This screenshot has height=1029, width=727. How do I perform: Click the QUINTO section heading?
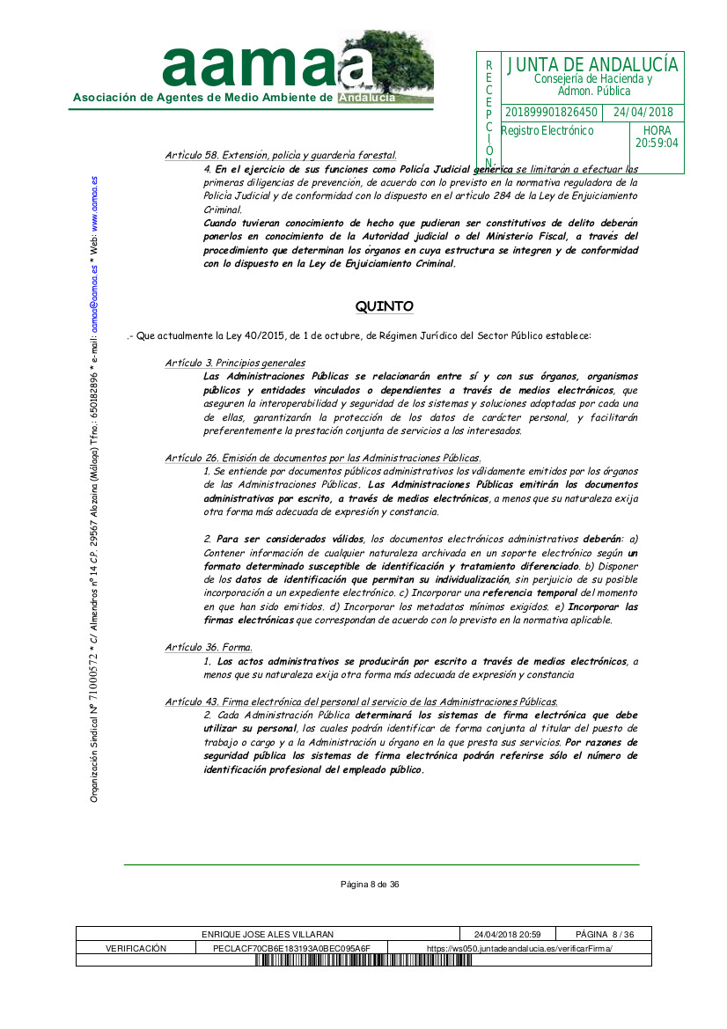click(x=384, y=306)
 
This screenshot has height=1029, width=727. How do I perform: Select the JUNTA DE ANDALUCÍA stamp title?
click(x=592, y=65)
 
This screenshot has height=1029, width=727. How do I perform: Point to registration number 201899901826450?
click(x=551, y=113)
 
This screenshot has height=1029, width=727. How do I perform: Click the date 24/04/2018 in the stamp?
click(x=643, y=113)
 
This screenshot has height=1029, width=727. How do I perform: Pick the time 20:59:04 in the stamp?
click(x=657, y=143)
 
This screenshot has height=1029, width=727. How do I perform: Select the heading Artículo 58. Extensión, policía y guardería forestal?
click(x=281, y=155)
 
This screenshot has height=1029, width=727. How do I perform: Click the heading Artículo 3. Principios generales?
click(x=235, y=363)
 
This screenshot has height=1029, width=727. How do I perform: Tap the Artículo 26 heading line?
click(x=323, y=458)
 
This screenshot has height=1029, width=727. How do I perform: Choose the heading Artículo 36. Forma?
click(x=196, y=648)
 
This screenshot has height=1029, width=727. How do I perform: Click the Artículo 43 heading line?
click(x=361, y=702)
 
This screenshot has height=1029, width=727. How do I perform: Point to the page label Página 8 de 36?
click(x=370, y=885)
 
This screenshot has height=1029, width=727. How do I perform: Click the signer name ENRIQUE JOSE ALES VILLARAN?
click(x=268, y=934)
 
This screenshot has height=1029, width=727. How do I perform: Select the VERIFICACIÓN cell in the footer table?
click(x=136, y=948)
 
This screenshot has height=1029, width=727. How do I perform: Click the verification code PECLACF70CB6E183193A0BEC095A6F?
click(x=292, y=948)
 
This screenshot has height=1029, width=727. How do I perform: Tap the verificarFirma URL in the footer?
click(x=519, y=948)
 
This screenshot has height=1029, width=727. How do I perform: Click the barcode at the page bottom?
click(x=364, y=960)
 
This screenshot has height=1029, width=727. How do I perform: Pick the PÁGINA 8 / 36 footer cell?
click(x=605, y=934)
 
